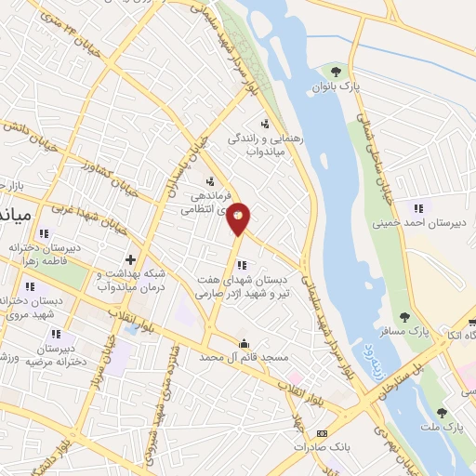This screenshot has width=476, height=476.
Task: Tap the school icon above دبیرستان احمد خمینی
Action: pos(417,207)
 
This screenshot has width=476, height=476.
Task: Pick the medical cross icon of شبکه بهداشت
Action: pos(130,259)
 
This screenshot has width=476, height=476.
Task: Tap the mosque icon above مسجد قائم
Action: pos(244,343)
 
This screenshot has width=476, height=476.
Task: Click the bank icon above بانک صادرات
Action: pos(322,433)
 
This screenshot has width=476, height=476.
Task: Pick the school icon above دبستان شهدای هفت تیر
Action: pos(242,265)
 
